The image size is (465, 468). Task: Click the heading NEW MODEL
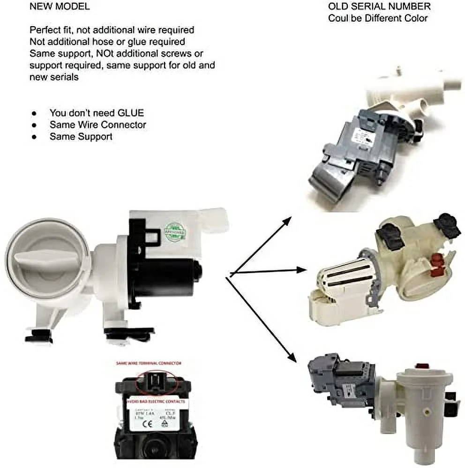tap(60, 7)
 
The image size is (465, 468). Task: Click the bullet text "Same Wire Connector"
tap(97, 125)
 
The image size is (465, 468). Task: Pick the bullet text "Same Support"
tap(81, 137)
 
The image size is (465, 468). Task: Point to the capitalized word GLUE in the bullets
tap(131, 113)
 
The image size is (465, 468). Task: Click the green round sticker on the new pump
tap(175, 232)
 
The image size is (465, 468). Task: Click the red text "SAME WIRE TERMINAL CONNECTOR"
tap(150, 363)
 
